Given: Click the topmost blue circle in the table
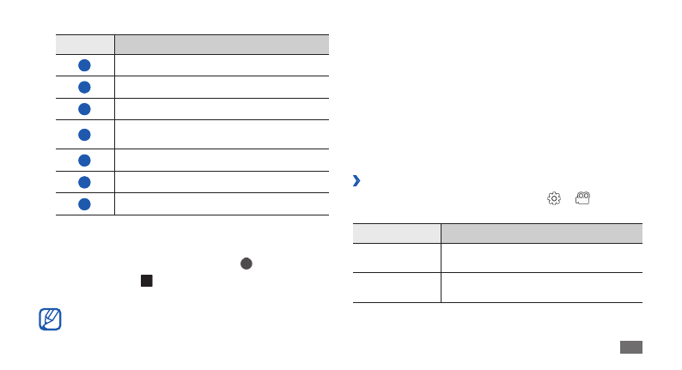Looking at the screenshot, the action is pyautogui.click(x=85, y=65).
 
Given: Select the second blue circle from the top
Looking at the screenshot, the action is pyautogui.click(x=85, y=87).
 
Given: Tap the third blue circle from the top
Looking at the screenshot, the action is pyautogui.click(x=85, y=109).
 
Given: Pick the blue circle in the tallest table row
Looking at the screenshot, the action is pyautogui.click(x=85, y=135).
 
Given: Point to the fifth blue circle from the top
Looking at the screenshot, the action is pyautogui.click(x=85, y=161).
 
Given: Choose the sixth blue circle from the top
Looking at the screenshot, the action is pyautogui.click(x=85, y=182).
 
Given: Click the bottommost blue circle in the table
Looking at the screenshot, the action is pyautogui.click(x=85, y=204).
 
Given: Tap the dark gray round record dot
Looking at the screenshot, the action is pyautogui.click(x=246, y=264).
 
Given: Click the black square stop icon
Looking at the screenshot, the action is pyautogui.click(x=147, y=281).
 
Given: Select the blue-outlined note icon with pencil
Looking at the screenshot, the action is pyautogui.click(x=51, y=319).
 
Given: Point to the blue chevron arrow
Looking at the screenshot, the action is pyautogui.click(x=356, y=181).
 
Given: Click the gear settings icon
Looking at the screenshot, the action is pyautogui.click(x=554, y=198).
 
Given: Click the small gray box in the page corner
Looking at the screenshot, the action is pyautogui.click(x=630, y=347).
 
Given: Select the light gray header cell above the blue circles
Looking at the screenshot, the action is pyautogui.click(x=85, y=45).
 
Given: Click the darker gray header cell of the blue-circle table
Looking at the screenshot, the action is pyautogui.click(x=222, y=45).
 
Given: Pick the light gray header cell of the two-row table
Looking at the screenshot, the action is pyautogui.click(x=396, y=234).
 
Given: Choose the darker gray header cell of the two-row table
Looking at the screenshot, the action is pyautogui.click(x=541, y=234).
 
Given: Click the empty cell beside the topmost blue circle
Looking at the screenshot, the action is pyautogui.click(x=222, y=65).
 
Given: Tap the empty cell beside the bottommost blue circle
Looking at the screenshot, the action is pyautogui.click(x=222, y=204).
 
